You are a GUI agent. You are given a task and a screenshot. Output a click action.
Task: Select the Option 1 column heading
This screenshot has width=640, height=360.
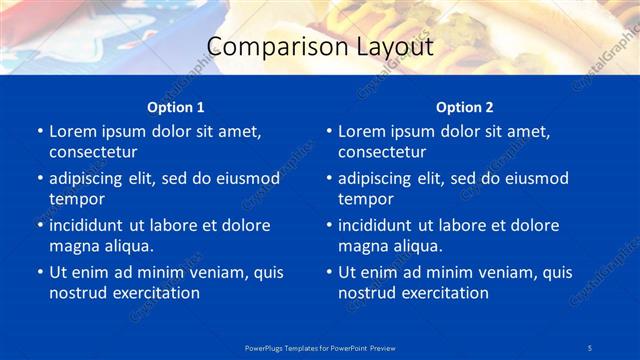(x=176, y=107)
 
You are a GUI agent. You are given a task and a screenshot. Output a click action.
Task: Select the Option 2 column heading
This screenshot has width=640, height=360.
(x=465, y=107)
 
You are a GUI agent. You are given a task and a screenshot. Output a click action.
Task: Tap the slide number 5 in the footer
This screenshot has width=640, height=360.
(x=591, y=347)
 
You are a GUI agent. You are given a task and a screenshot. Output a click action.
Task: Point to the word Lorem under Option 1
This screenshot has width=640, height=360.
(x=72, y=131)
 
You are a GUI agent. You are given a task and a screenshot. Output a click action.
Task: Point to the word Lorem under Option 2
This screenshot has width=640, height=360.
(x=361, y=131)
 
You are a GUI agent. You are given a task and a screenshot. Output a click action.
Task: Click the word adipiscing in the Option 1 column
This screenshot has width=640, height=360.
(x=93, y=179)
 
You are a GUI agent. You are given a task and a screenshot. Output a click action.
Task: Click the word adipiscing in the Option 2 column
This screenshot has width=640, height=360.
(x=382, y=179)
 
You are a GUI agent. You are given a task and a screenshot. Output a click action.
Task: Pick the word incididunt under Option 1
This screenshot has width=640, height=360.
(x=92, y=225)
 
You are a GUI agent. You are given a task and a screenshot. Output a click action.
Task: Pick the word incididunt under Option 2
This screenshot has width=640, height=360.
(x=381, y=225)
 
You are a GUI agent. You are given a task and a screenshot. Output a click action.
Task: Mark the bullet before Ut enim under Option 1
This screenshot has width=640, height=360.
(x=39, y=272)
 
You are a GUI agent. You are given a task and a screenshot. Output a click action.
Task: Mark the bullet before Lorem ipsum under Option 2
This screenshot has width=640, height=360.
(x=328, y=131)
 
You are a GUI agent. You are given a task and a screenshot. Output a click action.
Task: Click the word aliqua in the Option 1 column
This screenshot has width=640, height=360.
(x=124, y=246)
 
